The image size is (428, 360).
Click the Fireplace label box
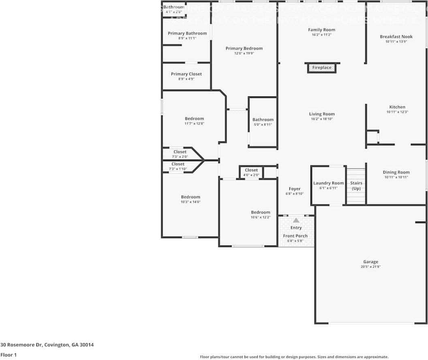click(x=322, y=68)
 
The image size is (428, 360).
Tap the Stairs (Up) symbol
click(x=356, y=186)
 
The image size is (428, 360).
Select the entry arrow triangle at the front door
click(x=296, y=220)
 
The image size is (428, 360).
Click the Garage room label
click(x=370, y=262)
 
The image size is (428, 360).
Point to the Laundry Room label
click(x=328, y=183)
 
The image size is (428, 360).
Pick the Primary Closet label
click(x=186, y=74)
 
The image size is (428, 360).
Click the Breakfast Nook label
click(x=396, y=36)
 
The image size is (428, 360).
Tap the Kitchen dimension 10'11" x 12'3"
click(x=397, y=112)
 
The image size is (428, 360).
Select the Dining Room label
click(x=396, y=172)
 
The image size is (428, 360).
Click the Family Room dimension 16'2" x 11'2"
click(x=321, y=35)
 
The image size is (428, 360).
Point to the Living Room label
click(x=322, y=114)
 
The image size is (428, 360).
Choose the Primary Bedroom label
click(x=244, y=48)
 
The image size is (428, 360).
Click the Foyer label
click(x=295, y=189)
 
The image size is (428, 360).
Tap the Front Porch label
click(x=295, y=236)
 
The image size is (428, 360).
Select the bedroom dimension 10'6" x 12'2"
click(x=260, y=217)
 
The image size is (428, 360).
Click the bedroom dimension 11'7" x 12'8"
click(x=194, y=124)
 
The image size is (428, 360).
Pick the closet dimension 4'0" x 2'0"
click(x=251, y=175)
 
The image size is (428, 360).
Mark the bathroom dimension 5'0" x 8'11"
click(x=263, y=125)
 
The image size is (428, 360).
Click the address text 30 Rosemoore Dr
click(x=47, y=345)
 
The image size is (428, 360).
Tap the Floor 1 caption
click(x=8, y=355)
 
